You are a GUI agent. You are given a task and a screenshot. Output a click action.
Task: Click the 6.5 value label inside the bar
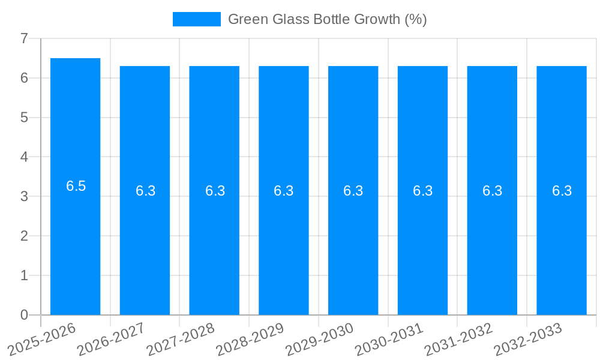pyautogui.click(x=76, y=186)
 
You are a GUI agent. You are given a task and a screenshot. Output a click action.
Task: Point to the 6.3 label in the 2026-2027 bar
pyautogui.click(x=145, y=191)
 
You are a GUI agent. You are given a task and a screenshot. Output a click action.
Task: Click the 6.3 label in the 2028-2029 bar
pyautogui.click(x=284, y=191)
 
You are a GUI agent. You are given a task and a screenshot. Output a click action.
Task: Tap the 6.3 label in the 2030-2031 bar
pyautogui.click(x=422, y=191)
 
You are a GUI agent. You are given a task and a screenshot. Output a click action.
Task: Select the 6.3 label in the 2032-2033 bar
pyautogui.click(x=562, y=191)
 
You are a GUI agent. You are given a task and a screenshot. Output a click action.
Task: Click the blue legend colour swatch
pyautogui.click(x=197, y=19)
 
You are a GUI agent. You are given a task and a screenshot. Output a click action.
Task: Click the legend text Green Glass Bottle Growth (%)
pyautogui.click(x=327, y=19)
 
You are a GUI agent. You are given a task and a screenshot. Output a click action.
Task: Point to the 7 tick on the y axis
pyautogui.click(x=24, y=38)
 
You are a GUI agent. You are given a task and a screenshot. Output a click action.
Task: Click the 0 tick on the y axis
pyautogui.click(x=24, y=315)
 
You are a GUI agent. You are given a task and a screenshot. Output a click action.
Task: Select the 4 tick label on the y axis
pyautogui.click(x=24, y=157)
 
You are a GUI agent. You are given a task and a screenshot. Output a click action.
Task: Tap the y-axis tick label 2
pyautogui.click(x=24, y=236)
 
